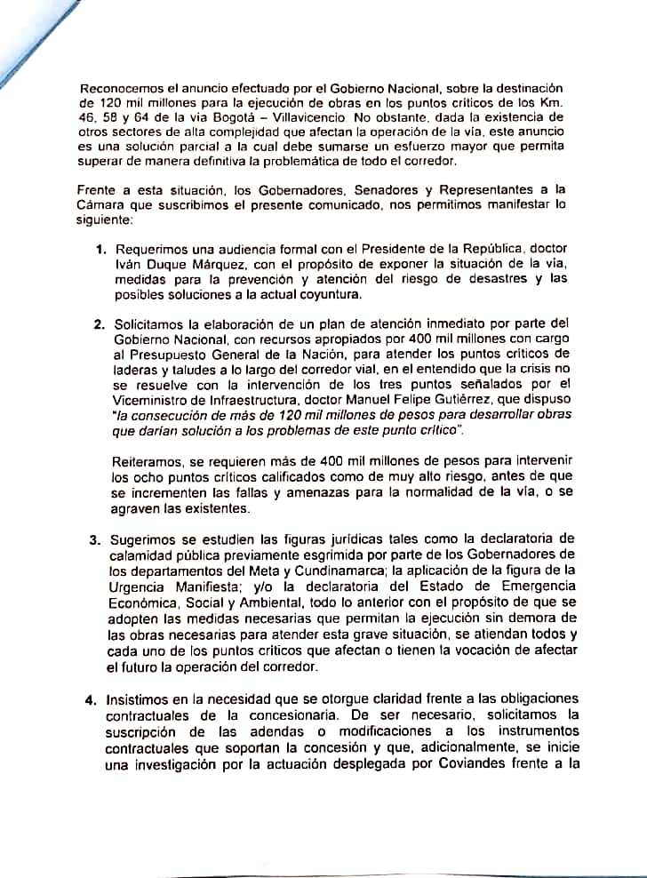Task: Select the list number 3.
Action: tap(93, 539)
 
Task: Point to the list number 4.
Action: tap(92, 699)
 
